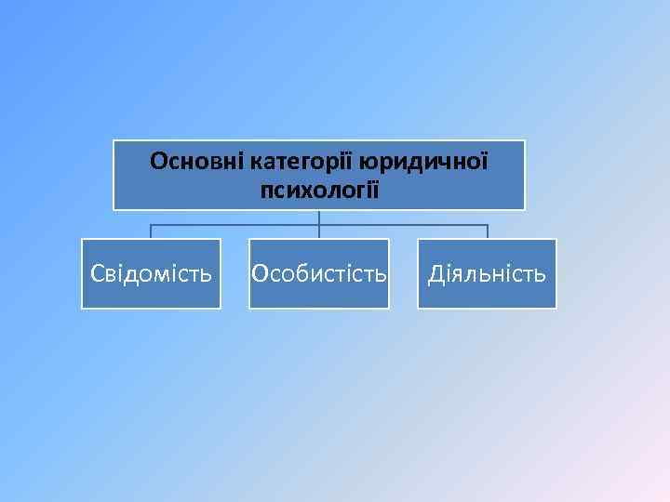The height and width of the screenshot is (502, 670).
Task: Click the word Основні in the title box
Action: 196,162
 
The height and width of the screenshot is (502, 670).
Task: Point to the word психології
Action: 319,191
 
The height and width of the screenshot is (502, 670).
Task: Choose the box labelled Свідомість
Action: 151,273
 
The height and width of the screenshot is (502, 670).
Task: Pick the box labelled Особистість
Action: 319,273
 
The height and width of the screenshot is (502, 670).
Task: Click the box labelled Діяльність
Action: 487,273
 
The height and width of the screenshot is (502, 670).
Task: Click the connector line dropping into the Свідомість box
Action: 151,231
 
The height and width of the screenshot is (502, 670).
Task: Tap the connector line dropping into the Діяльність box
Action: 487,231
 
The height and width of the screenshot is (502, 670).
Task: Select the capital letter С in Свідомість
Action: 96,274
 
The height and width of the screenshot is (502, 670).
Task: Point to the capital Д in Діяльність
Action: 435,274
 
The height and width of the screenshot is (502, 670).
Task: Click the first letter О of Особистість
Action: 261,274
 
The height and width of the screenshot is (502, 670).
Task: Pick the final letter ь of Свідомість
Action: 207,274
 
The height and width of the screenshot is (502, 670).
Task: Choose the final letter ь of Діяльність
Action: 541,274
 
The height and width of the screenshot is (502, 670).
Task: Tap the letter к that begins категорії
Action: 256,163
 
